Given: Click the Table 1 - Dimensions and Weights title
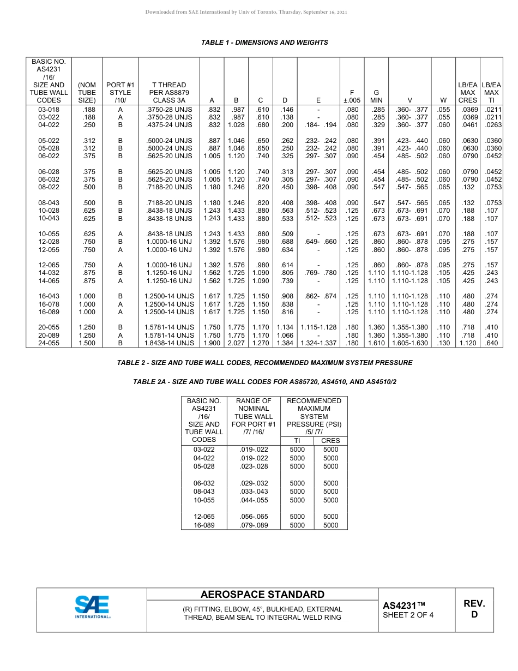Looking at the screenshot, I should click(x=264, y=43).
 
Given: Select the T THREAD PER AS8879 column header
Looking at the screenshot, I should click(x=169, y=92).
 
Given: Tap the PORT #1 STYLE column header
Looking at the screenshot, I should click(x=120, y=92).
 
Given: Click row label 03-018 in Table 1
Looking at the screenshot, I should click(x=49, y=109).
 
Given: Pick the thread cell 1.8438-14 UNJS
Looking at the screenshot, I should click(x=169, y=343).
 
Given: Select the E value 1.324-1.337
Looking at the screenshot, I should click(x=318, y=343).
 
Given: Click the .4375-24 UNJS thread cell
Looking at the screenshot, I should click(x=169, y=125).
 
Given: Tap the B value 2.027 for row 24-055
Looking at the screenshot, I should click(x=236, y=343).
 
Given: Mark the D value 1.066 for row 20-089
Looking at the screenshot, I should click(x=285, y=335).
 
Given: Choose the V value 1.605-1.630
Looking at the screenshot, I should click(x=410, y=343).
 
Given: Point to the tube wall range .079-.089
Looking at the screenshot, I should click(x=254, y=525).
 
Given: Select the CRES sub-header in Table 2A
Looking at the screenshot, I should click(x=330, y=441).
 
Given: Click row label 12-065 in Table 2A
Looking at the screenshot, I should click(x=204, y=517).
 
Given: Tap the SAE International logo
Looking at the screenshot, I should click(x=92, y=607).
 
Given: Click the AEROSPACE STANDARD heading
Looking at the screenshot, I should click(x=262, y=595).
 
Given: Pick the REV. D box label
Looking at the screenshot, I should click(x=474, y=609).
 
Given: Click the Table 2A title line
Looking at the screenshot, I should click(x=264, y=382).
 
